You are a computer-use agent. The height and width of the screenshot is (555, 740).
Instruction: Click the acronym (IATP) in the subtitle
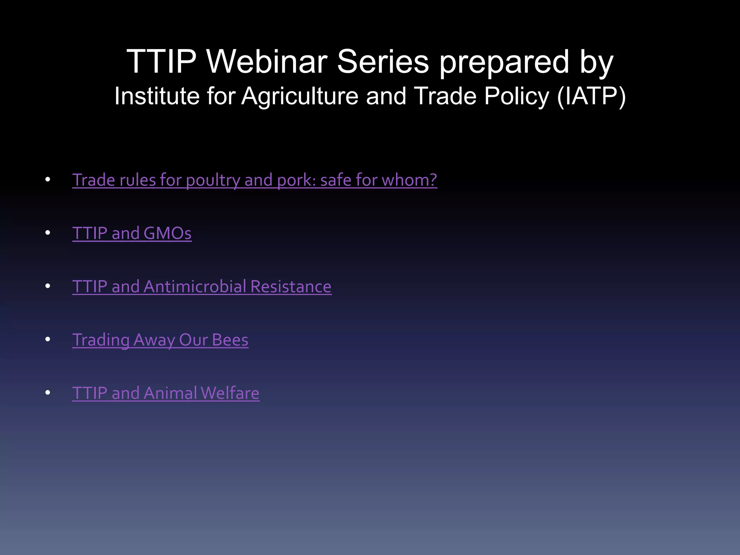591,96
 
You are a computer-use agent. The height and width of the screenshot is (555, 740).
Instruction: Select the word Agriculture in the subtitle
300,96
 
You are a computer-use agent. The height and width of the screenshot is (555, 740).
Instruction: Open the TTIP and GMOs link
132,233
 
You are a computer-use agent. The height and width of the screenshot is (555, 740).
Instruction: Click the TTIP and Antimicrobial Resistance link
202,287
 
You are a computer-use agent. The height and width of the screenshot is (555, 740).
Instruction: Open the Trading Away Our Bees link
160,340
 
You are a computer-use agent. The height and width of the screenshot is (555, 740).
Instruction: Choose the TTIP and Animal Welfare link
165,393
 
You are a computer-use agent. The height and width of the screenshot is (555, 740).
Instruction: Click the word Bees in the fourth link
230,340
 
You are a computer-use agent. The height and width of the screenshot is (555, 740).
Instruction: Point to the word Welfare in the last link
230,393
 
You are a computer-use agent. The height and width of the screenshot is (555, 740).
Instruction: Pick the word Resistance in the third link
291,287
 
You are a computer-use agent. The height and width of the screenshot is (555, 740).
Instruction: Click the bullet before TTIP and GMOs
48,233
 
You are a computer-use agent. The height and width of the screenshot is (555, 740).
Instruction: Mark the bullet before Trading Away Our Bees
48,339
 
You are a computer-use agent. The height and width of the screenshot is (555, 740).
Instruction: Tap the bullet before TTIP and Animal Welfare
48,393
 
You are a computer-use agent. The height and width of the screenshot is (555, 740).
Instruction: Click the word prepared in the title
504,62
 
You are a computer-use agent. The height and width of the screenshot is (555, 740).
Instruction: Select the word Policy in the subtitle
517,96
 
